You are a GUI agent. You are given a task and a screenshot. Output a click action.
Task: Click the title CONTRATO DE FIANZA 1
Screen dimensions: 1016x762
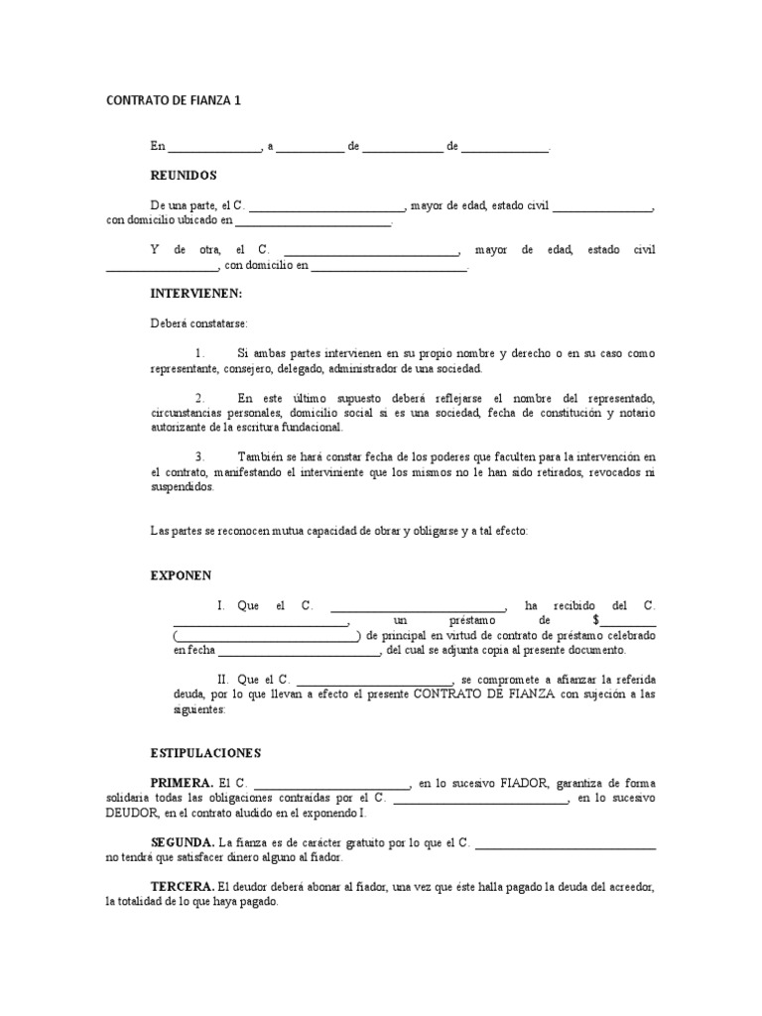coord(174,100)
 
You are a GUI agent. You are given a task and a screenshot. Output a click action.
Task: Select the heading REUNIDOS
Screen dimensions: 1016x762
coord(183,175)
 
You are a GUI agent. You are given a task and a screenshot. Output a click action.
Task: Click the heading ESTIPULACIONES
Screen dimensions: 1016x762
coord(205,753)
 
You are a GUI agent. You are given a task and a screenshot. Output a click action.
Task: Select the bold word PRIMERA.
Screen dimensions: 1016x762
coord(182,783)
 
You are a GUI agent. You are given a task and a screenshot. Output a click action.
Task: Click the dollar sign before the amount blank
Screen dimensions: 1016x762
coord(595,620)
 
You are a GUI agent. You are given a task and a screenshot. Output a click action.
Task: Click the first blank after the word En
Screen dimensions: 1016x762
coord(213,147)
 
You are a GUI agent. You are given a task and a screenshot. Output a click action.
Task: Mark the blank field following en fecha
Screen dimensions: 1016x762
coord(299,651)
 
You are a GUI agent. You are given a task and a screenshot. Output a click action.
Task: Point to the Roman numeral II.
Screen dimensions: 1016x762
coord(223,680)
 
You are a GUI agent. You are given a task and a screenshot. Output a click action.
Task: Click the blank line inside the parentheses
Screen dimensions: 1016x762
coord(267,636)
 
